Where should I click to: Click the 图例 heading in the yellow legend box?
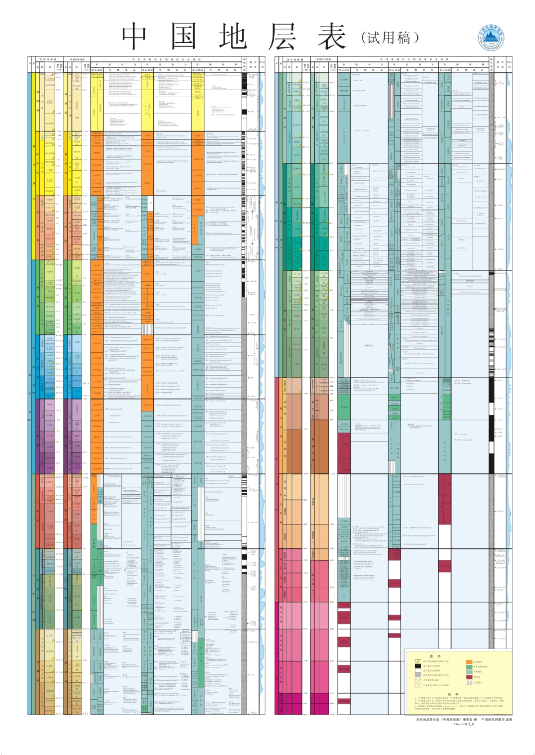[x=434, y=656]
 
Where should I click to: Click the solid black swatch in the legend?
[x=418, y=667]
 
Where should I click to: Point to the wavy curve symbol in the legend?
[x=418, y=681]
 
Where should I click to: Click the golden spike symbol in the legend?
[x=418, y=661]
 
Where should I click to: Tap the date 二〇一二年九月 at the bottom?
[x=465, y=725]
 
